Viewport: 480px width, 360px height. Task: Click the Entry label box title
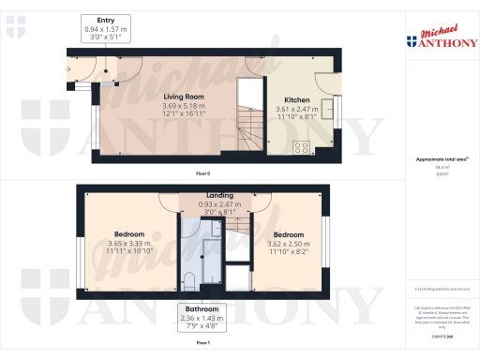[x=105, y=20]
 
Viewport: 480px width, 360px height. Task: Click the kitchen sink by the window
[x=325, y=108]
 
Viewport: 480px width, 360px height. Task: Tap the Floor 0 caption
[x=202, y=174]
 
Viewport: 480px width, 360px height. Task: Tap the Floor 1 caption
[x=202, y=344]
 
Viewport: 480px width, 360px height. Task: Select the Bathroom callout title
[x=202, y=308]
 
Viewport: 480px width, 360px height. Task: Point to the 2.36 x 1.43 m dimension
[x=202, y=318]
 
